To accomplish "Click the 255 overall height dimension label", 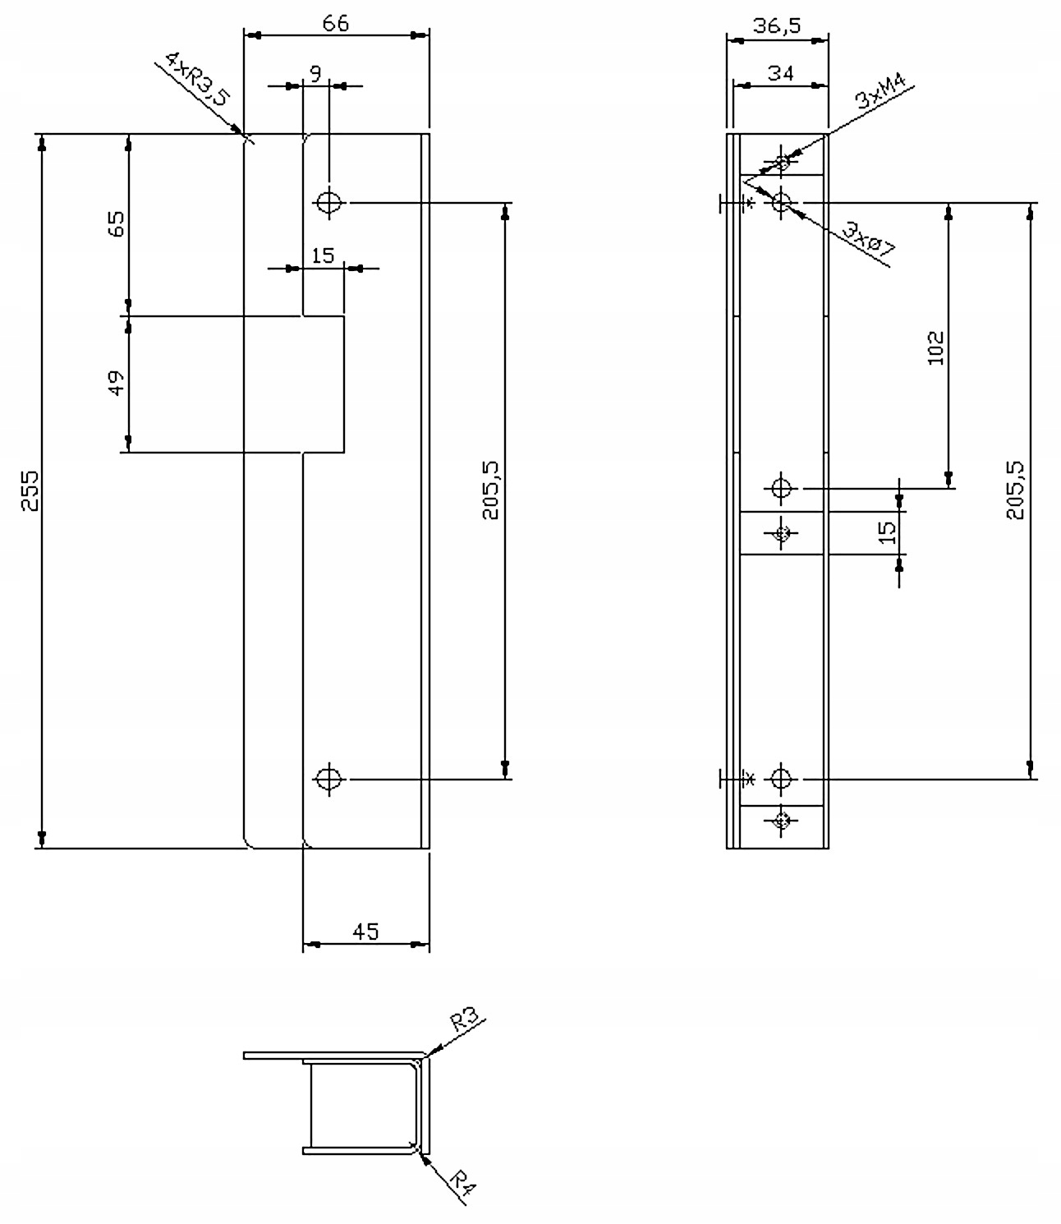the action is click(30, 490).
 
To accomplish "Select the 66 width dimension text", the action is click(335, 24).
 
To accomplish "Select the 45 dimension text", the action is click(365, 932).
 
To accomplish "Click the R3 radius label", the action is click(464, 1022).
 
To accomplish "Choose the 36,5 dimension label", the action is click(777, 26).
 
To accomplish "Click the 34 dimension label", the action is click(780, 74).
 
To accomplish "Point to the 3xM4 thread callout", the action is click(880, 92).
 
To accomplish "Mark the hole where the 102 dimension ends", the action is click(781, 489).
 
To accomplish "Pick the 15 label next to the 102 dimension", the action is click(887, 532).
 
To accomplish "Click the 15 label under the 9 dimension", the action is click(324, 255).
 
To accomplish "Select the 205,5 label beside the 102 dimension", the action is click(1015, 490).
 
